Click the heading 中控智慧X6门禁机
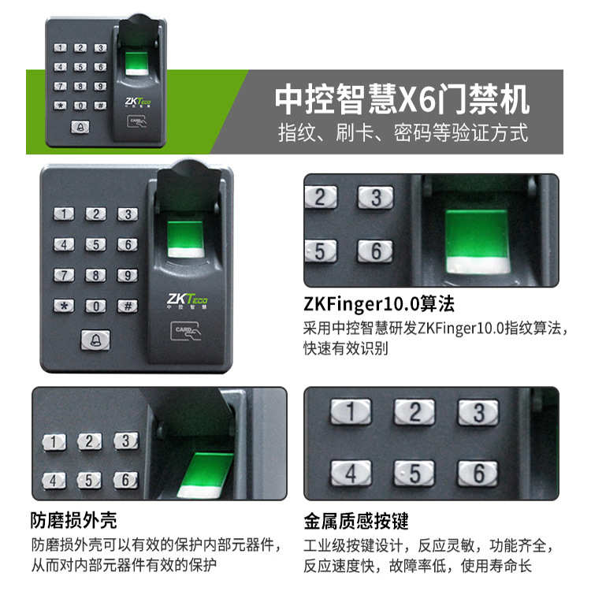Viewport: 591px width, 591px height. pyautogui.click(x=402, y=99)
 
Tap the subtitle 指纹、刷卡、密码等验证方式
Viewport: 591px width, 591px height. pyautogui.click(x=402, y=132)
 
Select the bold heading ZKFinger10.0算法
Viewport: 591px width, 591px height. pyautogui.click(x=379, y=304)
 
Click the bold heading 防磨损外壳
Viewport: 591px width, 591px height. pyautogui.click(x=73, y=520)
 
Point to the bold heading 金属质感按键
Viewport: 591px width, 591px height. pyautogui.click(x=356, y=520)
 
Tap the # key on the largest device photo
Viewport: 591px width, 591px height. pyautogui.click(x=127, y=306)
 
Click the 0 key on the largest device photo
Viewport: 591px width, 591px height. pyautogui.click(x=95, y=306)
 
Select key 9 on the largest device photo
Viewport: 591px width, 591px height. pyautogui.click(x=127, y=275)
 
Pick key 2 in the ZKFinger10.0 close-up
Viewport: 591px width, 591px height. pyautogui.click(x=320, y=197)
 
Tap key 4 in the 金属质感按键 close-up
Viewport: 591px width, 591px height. pyautogui.click(x=351, y=473)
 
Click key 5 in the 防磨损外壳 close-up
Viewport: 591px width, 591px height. pyautogui.click(x=89, y=479)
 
